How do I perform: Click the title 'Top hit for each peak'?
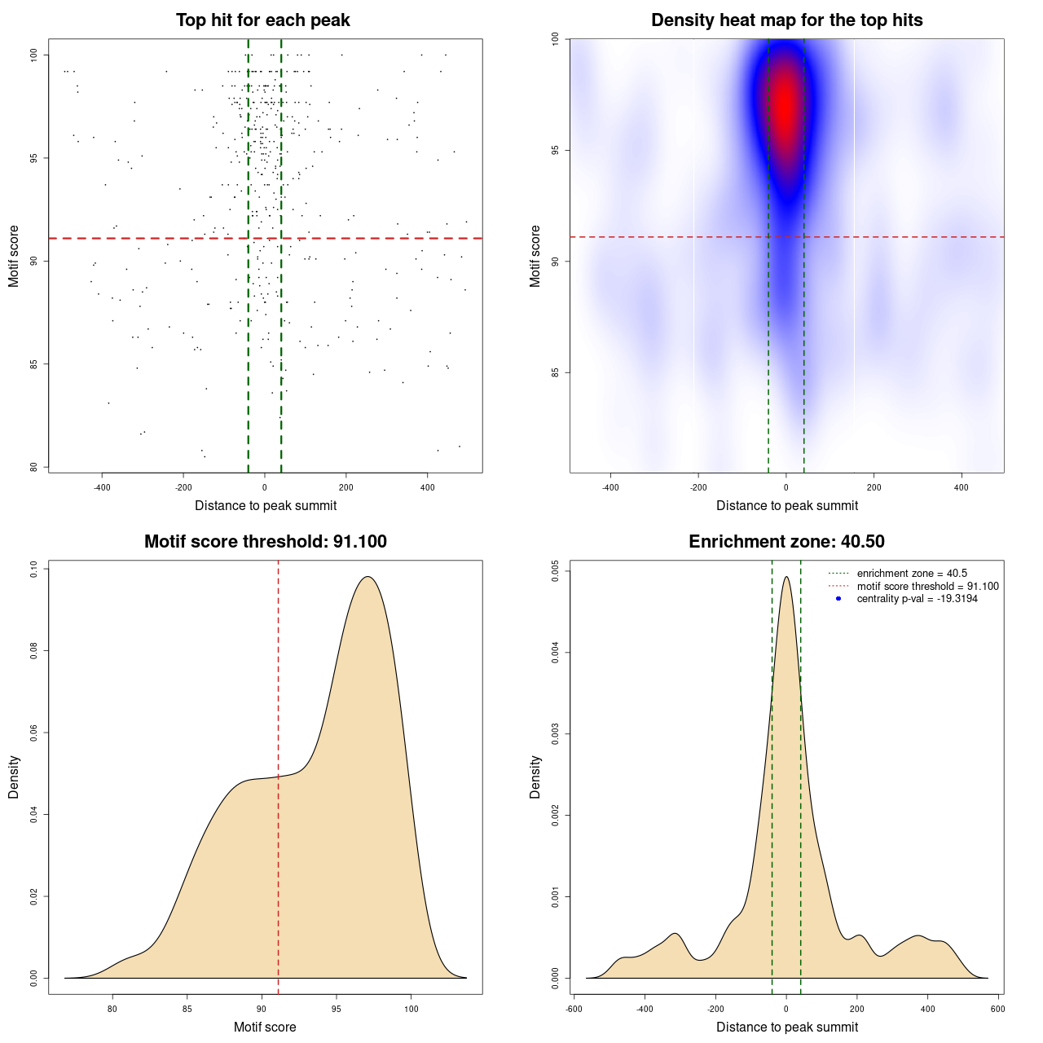(x=263, y=20)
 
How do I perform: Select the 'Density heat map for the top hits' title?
(x=786, y=20)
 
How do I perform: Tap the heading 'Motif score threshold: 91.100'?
(x=265, y=542)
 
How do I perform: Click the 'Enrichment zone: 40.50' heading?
(x=786, y=542)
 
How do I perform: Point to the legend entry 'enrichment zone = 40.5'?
(x=912, y=574)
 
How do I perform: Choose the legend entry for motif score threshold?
(x=927, y=587)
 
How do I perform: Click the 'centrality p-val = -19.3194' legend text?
(x=917, y=599)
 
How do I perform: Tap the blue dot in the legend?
(x=838, y=599)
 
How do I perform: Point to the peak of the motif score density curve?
(x=368, y=577)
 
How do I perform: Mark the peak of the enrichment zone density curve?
(x=786, y=577)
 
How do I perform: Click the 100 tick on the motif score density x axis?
(x=411, y=1009)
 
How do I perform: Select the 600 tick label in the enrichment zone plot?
(x=998, y=1009)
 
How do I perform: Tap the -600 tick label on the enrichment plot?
(x=574, y=1009)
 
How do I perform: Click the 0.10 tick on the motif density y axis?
(x=34, y=570)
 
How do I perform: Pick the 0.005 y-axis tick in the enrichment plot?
(x=556, y=570)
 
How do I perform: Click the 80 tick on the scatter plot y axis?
(x=34, y=467)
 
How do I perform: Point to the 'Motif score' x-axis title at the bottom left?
(x=265, y=1027)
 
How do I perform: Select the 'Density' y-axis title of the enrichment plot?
(x=535, y=777)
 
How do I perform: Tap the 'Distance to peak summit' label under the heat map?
(x=786, y=506)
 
